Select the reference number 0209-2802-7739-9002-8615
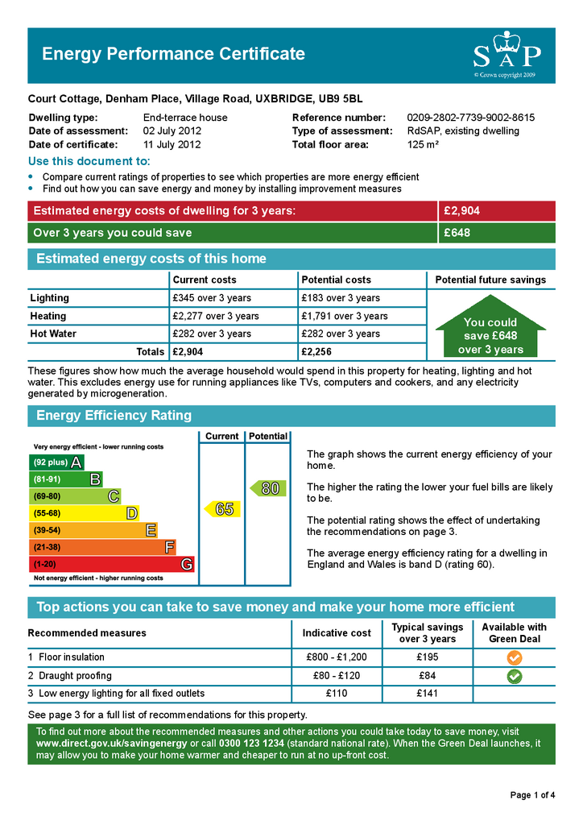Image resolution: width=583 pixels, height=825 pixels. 470,118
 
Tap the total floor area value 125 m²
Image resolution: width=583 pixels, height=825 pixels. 423,145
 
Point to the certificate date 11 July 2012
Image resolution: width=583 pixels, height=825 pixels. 172,145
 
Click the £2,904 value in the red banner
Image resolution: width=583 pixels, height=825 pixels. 462,211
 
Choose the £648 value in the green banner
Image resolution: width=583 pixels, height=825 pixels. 457,233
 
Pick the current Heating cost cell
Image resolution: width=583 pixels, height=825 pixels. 216,316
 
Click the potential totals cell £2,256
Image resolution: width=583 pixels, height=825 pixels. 316,352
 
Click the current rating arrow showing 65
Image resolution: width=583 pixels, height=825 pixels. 222,509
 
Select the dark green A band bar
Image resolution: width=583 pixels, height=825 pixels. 56,462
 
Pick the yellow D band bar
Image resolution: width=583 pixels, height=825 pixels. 84,513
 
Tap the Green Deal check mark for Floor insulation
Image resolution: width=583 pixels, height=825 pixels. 514,657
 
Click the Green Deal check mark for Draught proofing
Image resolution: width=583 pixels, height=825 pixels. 514,676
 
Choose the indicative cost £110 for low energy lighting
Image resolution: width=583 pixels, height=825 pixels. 336,694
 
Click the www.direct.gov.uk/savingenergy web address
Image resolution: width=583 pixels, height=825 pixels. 111,743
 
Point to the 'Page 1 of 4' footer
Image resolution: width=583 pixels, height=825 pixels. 532,796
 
